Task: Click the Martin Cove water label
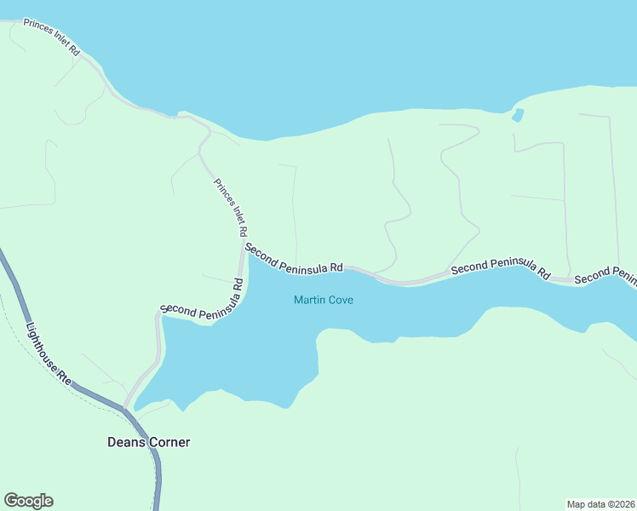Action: [x=323, y=300]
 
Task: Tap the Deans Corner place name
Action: [x=148, y=442]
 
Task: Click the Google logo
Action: [x=28, y=501]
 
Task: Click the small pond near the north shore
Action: [x=518, y=114]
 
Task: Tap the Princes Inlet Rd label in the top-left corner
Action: [x=51, y=37]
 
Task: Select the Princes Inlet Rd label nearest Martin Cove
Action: [x=231, y=208]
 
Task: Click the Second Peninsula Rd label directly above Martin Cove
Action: [x=294, y=258]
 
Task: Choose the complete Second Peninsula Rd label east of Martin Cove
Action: [x=501, y=270]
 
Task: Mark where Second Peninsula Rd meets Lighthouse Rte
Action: [x=125, y=408]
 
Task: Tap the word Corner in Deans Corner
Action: [x=169, y=442]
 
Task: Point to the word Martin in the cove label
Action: [x=308, y=300]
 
